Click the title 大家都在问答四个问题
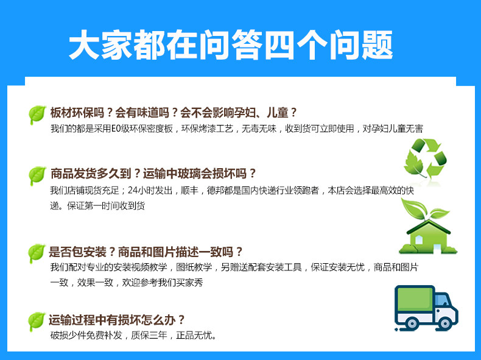tap(231, 45)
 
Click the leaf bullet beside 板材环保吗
tap(37, 115)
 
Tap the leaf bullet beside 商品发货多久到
tap(37, 176)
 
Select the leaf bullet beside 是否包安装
tap(37, 253)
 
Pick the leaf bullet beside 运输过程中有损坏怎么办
tap(37, 322)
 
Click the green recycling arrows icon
tap(425, 159)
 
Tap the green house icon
tap(428, 227)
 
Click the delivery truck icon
tap(426, 308)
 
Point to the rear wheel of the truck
tap(412, 323)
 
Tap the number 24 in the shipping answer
tap(133, 191)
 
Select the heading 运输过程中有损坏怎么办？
tap(117, 320)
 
